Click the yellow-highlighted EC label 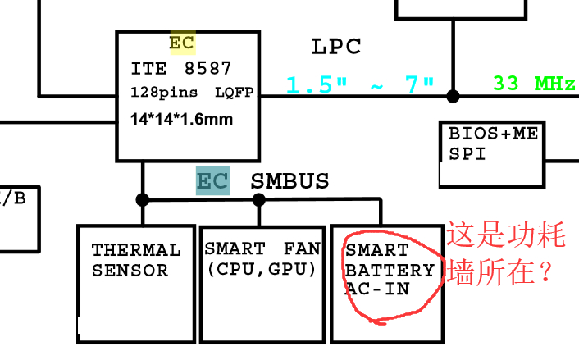[x=182, y=43]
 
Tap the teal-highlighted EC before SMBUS [x=212, y=181]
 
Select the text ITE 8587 [x=181, y=69]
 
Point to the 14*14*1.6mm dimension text [x=181, y=119]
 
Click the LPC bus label [x=336, y=47]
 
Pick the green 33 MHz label [x=533, y=84]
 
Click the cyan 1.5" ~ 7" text [x=359, y=84]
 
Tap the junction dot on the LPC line [x=453, y=96]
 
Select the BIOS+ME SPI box [x=492, y=154]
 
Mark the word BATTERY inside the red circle [x=390, y=270]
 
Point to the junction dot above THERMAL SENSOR [x=143, y=199]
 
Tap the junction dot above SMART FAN [x=259, y=199]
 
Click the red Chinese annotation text [x=506, y=252]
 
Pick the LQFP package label [x=235, y=92]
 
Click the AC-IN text [x=378, y=289]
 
